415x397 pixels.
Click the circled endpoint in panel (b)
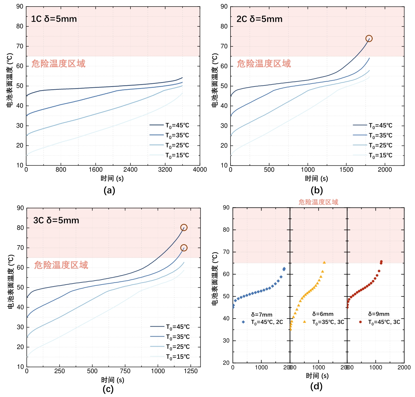click(369, 39)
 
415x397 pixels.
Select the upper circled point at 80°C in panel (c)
click(184, 228)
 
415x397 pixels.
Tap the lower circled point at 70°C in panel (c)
click(184, 248)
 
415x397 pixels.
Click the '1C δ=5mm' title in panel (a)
click(54, 19)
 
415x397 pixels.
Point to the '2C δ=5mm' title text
click(260, 19)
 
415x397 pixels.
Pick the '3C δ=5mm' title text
click(56, 221)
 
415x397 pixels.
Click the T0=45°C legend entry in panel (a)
click(169, 125)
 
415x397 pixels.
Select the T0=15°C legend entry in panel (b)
click(373, 155)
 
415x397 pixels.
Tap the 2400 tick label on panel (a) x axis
click(130, 170)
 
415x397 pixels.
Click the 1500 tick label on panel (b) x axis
click(346, 170)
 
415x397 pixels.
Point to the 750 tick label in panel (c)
click(125, 371)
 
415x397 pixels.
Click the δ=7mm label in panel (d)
click(262, 315)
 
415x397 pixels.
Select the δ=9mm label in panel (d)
click(379, 314)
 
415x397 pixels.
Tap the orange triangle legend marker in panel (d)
click(304, 322)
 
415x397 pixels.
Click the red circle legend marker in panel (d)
click(360, 322)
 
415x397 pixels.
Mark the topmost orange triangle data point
click(324, 263)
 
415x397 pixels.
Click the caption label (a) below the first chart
click(109, 190)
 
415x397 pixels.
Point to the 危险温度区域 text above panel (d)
click(318, 202)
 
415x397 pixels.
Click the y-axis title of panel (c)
click(11, 281)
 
